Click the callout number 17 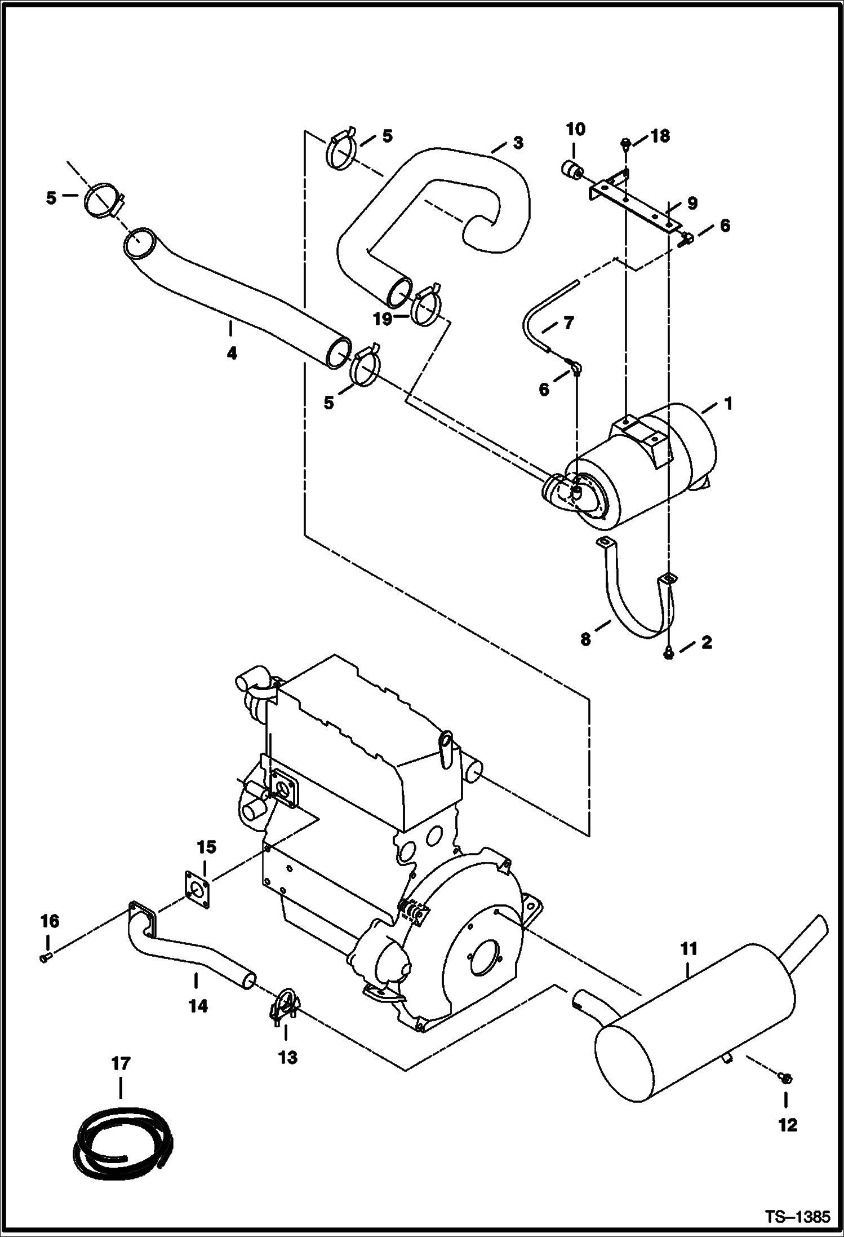(121, 1064)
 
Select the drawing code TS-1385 (797, 1216)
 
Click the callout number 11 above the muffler (688, 949)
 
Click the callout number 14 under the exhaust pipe (198, 1005)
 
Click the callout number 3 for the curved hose (517, 143)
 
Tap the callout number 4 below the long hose (232, 354)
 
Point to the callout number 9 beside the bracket (692, 202)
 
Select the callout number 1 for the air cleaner (727, 403)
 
